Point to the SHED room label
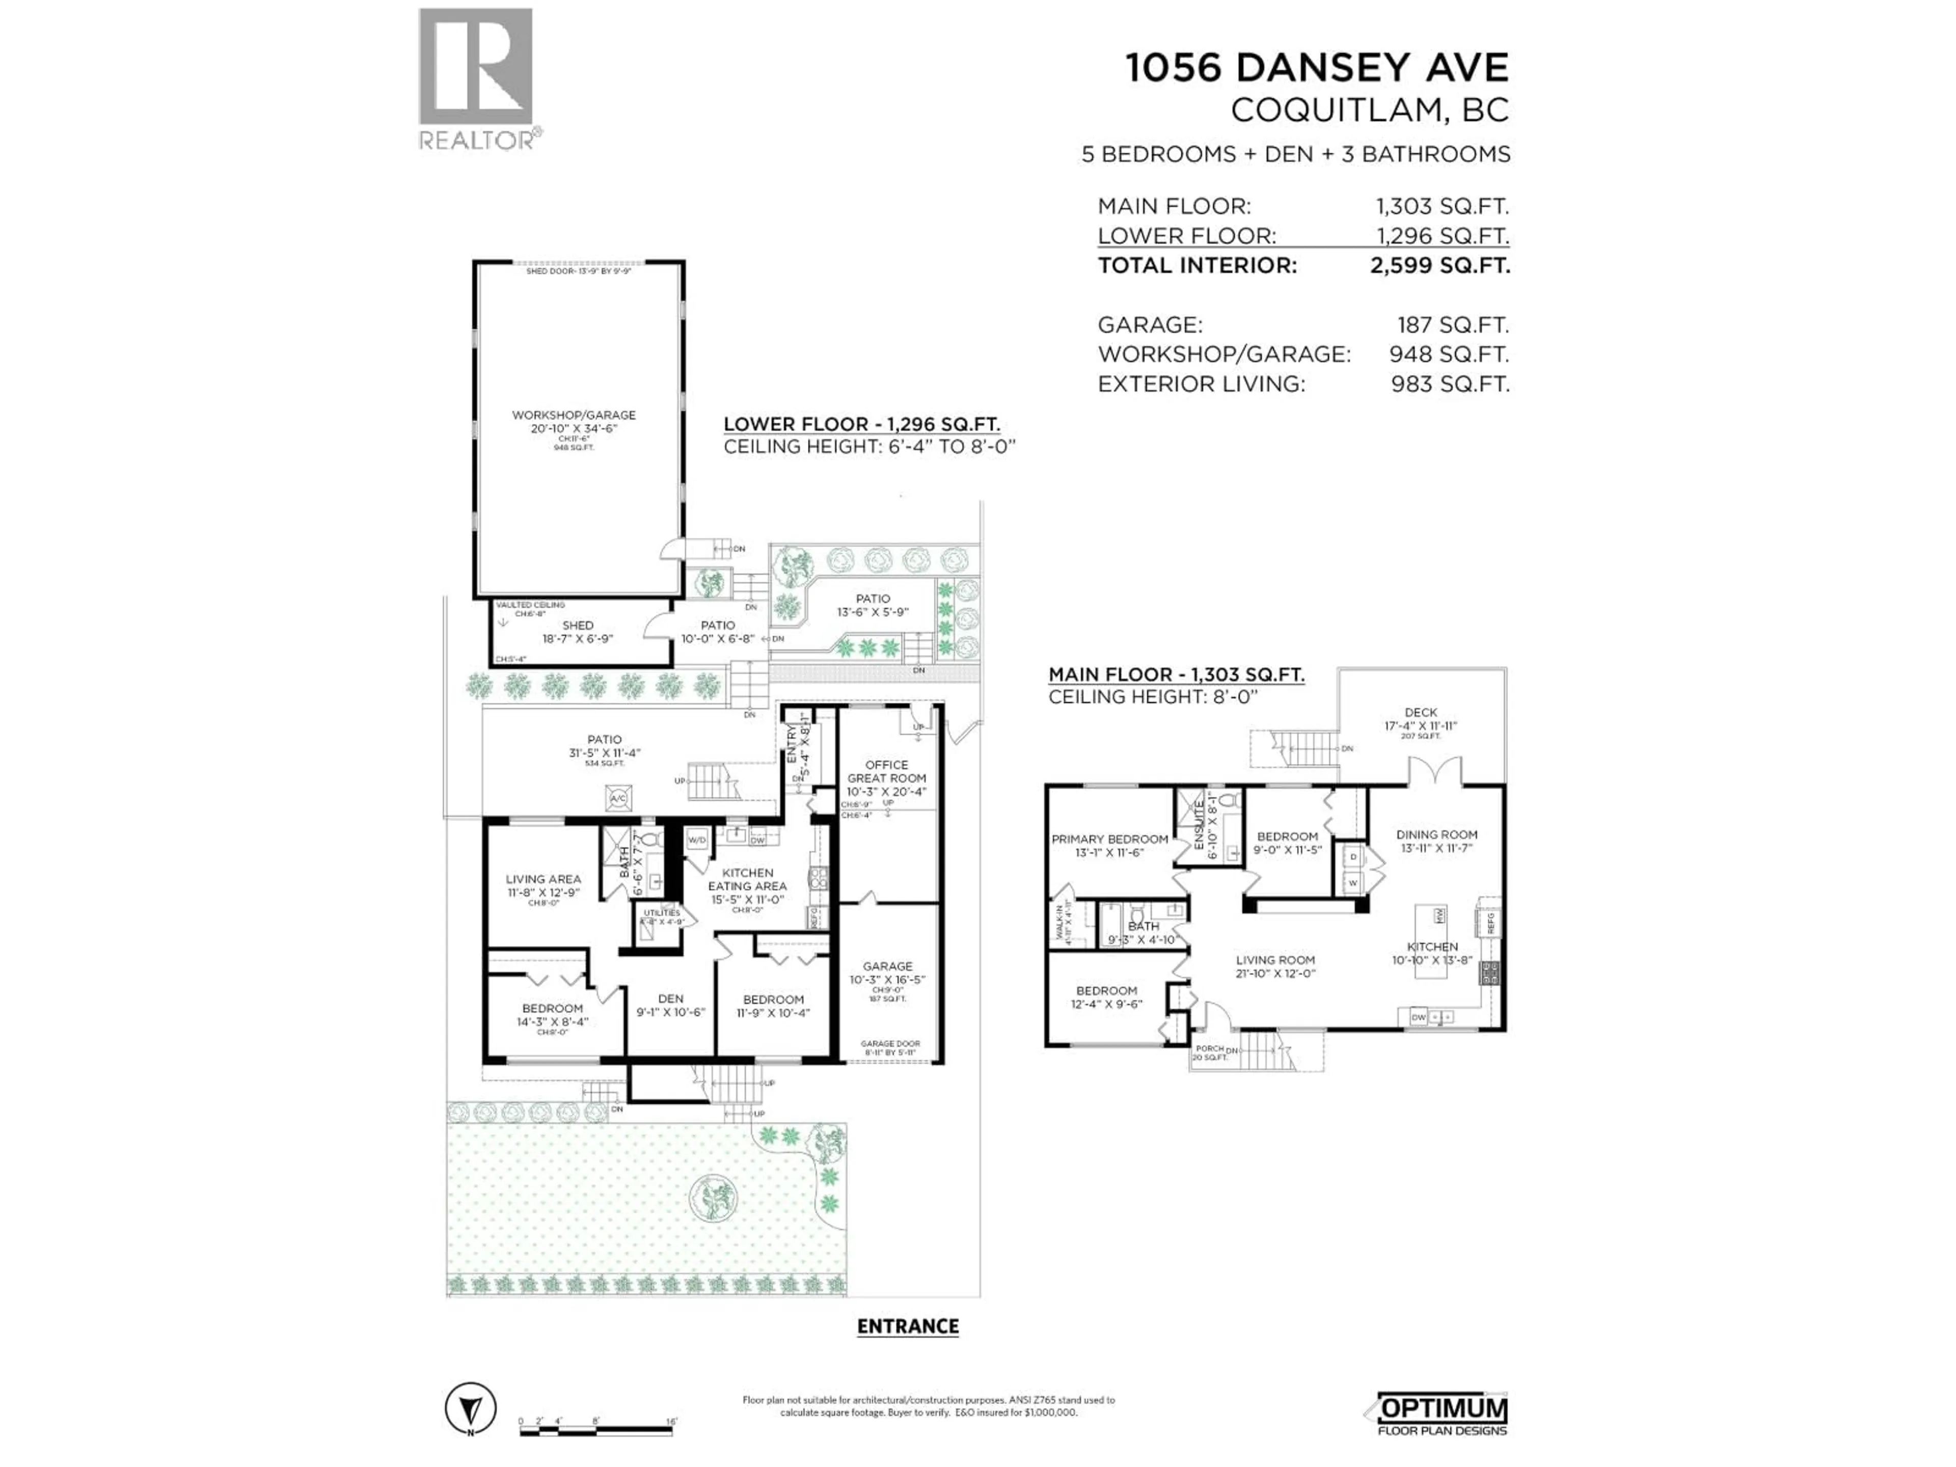coord(578,625)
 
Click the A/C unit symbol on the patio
coord(618,799)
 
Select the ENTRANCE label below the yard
coord(907,1325)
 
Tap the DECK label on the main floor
coord(1420,712)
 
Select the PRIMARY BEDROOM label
coord(1109,839)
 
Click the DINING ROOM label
coord(1436,834)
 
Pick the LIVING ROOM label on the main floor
coord(1275,960)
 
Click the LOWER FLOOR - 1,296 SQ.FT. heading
coord(861,424)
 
